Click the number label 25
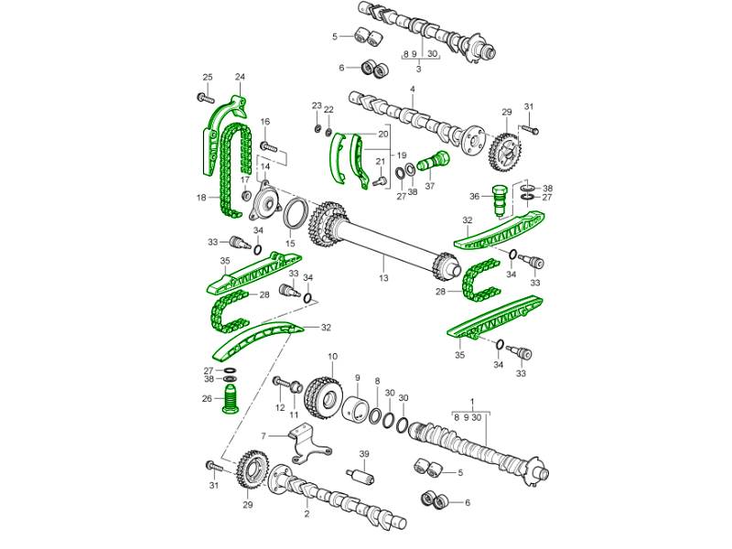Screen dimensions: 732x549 [208, 78]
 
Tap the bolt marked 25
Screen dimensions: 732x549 [205, 98]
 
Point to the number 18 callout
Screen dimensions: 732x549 [201, 198]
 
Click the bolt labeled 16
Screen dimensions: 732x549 [270, 147]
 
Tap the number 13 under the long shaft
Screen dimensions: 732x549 [383, 278]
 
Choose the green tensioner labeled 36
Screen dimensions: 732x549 [500, 200]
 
